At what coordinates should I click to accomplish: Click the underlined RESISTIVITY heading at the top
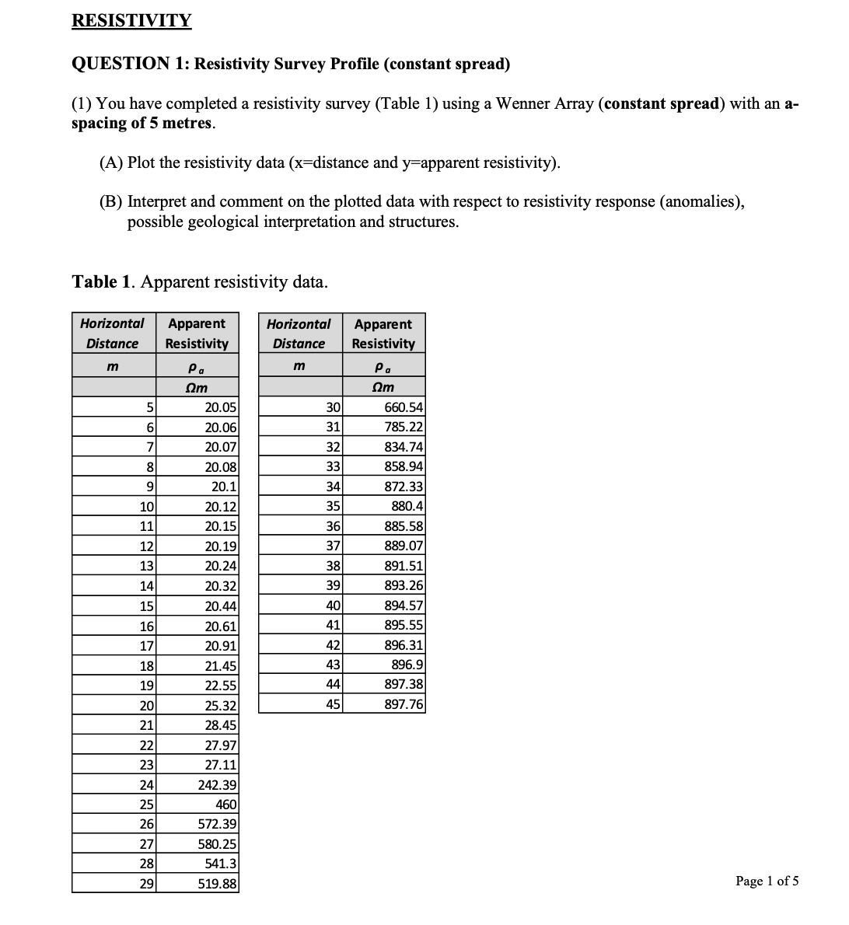coord(131,21)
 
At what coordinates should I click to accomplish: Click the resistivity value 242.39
coord(218,785)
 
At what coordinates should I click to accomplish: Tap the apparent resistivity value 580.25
coord(218,844)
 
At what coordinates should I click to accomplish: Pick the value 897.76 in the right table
coord(404,705)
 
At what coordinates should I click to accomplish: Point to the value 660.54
coord(404,407)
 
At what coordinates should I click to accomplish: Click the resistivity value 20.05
coord(220,407)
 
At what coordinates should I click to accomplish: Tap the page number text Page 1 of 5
coord(767,881)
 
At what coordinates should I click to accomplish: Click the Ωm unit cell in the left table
coord(197,387)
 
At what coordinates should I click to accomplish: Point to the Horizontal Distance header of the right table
coord(299,333)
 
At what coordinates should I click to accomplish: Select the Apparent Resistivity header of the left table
coord(197,333)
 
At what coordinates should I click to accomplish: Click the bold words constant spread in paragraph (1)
coord(660,104)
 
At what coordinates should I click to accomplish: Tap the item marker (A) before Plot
coord(110,162)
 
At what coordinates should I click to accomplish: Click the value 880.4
coord(407,506)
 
